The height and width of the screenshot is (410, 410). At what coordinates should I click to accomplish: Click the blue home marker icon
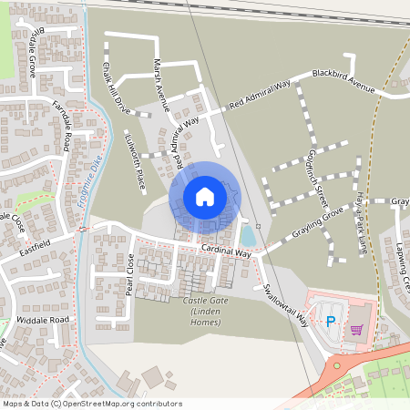pos(205,197)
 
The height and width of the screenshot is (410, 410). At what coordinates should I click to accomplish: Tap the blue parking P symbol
pos(330,321)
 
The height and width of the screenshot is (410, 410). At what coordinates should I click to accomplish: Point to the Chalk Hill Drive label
pos(117,88)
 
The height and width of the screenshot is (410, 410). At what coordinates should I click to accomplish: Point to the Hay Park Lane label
pos(362,225)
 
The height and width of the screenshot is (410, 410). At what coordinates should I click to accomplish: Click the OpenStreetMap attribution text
pos(91,404)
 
